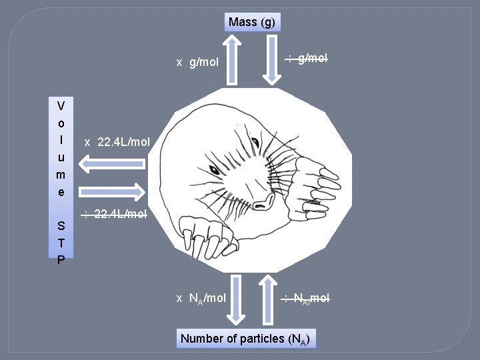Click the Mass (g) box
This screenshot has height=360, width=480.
pyautogui.click(x=251, y=22)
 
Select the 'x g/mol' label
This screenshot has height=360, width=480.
pyautogui.click(x=197, y=62)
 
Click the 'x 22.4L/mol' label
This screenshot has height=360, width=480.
pyautogui.click(x=118, y=142)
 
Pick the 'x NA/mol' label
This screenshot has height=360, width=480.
pyautogui.click(x=201, y=298)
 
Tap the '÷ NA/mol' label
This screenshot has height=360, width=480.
pyautogui.click(x=304, y=297)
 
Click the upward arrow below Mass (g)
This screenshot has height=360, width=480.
pyautogui.click(x=232, y=60)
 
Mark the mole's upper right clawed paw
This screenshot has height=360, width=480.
pyautogui.click(x=321, y=176)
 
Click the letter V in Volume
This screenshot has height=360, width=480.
pyautogui.click(x=61, y=106)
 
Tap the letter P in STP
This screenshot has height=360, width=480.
pyautogui.click(x=61, y=259)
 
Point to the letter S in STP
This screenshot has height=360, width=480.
pyautogui.click(x=61, y=225)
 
